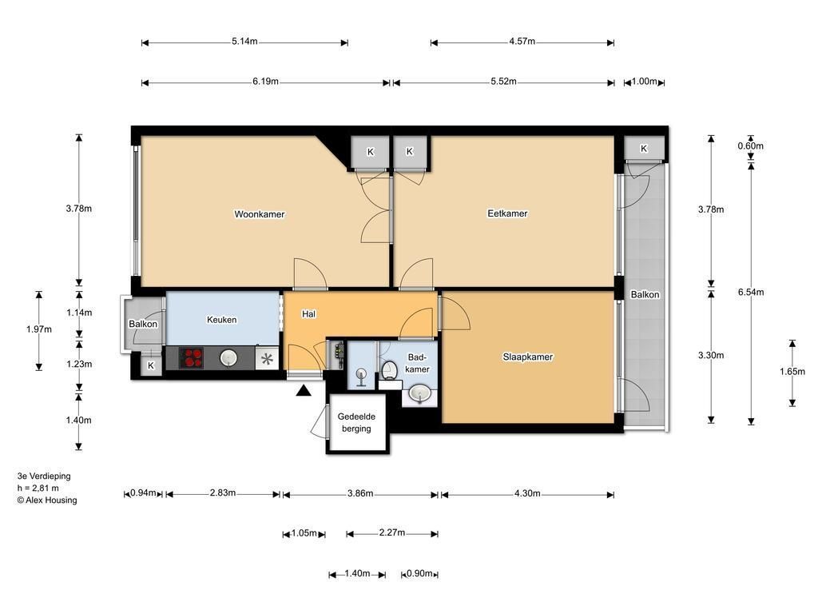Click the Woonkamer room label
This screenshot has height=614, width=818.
(x=260, y=214)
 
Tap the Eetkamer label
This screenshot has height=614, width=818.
(x=507, y=213)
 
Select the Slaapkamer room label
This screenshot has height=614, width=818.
(x=527, y=357)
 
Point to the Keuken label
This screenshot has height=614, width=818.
(x=222, y=320)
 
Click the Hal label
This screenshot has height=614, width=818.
(x=308, y=313)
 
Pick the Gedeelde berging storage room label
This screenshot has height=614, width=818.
(x=356, y=422)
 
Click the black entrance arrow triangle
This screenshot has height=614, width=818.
(x=304, y=390)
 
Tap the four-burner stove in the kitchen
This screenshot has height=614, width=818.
(x=191, y=358)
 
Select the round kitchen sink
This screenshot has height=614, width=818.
(x=228, y=357)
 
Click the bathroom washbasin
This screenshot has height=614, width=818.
(x=419, y=393)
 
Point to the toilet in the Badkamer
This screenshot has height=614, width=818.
(x=389, y=370)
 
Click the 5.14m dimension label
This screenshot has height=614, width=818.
(x=244, y=42)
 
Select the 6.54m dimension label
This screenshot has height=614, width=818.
(x=751, y=292)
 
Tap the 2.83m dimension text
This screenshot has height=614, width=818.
(x=223, y=492)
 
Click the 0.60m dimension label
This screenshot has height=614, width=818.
(x=750, y=146)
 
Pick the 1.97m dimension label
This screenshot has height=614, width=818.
(x=39, y=329)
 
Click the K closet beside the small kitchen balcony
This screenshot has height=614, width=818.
(x=151, y=365)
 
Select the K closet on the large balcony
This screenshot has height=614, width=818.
(x=644, y=148)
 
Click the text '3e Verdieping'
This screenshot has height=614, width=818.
(x=44, y=476)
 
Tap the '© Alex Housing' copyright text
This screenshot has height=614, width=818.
(x=47, y=500)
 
